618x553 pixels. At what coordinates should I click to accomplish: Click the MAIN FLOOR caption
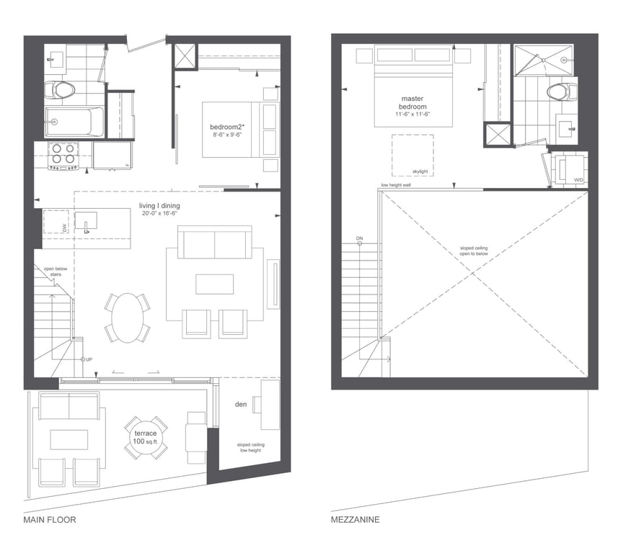pos(50,520)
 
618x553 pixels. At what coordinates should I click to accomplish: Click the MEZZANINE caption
pos(355,520)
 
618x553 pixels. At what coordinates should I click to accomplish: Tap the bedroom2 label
pos(227,127)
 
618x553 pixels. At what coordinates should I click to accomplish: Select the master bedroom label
pos(412,102)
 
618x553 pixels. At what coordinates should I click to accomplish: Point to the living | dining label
pos(159,206)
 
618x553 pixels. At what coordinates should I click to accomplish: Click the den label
pos(241,404)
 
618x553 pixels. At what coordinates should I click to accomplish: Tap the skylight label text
pos(420,171)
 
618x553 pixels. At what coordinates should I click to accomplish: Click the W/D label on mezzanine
pos(578,180)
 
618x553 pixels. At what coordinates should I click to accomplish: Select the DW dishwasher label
pos(64,227)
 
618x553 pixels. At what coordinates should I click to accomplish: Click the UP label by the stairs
pos(89,360)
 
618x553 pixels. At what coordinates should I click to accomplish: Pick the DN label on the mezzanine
pos(359,238)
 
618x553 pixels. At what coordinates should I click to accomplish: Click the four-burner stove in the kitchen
pos(63,156)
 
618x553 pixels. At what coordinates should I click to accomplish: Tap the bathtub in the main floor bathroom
pos(74,122)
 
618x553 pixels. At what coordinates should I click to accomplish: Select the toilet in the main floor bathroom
pos(59,90)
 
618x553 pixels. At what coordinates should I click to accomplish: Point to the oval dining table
pos(128,318)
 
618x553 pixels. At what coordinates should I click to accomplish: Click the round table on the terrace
pos(146,437)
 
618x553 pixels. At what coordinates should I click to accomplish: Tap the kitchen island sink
pos(86,221)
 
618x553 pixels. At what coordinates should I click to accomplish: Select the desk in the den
pos(270,405)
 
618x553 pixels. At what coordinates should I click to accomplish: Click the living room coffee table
pos(214,284)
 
